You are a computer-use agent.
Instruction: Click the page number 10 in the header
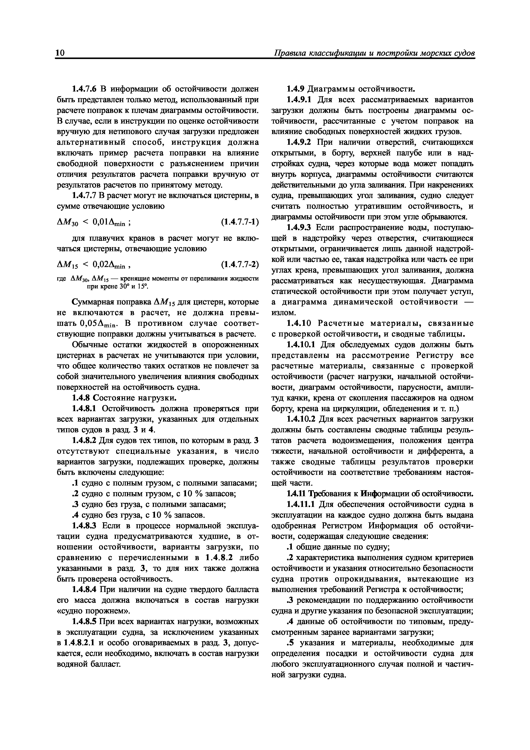(x=61, y=53)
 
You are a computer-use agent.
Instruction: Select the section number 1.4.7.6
(x=84, y=89)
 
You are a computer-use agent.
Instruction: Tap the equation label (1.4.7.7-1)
(x=239, y=222)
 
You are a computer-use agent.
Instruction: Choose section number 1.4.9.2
(x=300, y=142)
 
